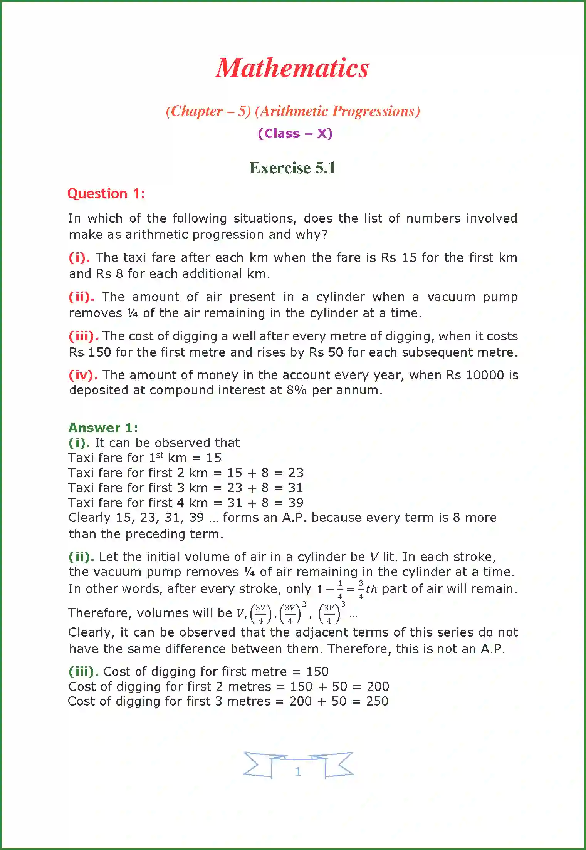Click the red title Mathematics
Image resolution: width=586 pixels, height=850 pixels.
[x=292, y=68]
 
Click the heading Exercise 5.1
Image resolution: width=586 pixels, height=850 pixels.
[x=292, y=168]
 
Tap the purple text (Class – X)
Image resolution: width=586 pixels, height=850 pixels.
[x=295, y=134]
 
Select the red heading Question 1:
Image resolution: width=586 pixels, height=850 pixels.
[x=106, y=193]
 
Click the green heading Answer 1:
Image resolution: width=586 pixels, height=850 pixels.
[x=103, y=428]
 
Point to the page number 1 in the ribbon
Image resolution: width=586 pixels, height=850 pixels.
[x=297, y=772]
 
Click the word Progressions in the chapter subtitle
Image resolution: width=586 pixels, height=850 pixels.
[x=376, y=111]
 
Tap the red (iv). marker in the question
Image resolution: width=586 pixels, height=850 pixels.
[x=83, y=375]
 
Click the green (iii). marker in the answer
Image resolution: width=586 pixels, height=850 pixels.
[x=83, y=671]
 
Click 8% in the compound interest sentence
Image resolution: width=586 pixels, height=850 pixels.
[x=296, y=390]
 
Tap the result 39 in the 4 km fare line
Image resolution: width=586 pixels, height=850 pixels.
[x=296, y=503]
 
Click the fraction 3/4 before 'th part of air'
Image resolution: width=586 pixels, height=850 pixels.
[x=361, y=589]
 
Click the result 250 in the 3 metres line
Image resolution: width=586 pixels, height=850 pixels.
[x=377, y=701]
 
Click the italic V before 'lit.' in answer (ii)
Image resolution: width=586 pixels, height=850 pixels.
[x=374, y=557]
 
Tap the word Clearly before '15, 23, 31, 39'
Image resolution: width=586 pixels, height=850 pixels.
[x=89, y=518]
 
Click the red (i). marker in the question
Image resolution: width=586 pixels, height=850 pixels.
[x=79, y=257]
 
